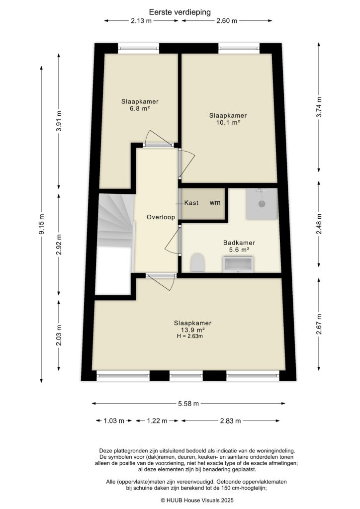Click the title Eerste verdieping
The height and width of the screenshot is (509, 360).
pyautogui.click(x=180, y=11)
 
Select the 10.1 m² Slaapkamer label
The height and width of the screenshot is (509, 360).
pyautogui.click(x=228, y=119)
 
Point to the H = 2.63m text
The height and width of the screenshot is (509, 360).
pyautogui.click(x=190, y=337)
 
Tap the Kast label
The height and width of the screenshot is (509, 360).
pyautogui.click(x=192, y=203)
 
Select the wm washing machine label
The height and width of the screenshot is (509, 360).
pyautogui.click(x=215, y=203)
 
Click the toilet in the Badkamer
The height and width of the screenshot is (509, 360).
pyautogui.click(x=197, y=263)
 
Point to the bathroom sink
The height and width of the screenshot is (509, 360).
pyautogui.click(x=239, y=264)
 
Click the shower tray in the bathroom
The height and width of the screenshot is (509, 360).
pyautogui.click(x=261, y=204)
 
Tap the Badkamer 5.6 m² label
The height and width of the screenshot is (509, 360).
pyautogui.click(x=239, y=247)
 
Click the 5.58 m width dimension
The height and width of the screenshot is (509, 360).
pyautogui.click(x=189, y=404)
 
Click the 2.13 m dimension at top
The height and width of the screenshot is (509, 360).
pyautogui.click(x=141, y=21)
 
